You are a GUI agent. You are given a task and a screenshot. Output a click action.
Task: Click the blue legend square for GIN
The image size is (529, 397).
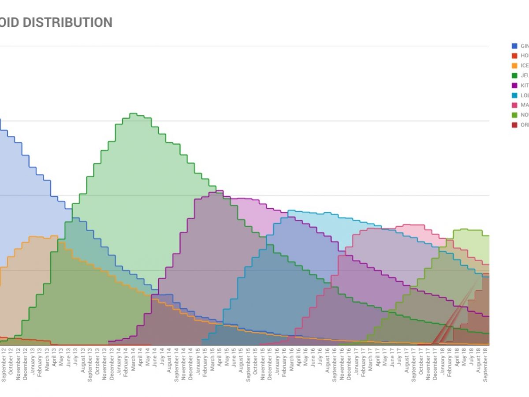click(514, 46)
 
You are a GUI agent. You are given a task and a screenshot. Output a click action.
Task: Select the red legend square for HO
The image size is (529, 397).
click(514, 56)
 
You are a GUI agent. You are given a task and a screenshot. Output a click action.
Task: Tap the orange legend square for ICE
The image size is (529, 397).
click(514, 65)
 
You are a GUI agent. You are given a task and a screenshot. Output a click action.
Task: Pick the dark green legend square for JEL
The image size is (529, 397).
click(514, 75)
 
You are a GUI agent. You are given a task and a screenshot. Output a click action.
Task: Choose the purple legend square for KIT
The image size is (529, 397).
click(514, 85)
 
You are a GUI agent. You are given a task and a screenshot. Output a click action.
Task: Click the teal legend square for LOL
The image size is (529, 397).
click(514, 95)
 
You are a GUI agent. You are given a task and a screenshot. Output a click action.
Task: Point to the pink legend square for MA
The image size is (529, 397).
click(514, 105)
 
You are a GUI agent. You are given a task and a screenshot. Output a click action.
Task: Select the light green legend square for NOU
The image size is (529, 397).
click(514, 115)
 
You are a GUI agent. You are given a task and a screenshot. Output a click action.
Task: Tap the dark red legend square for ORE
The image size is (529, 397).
click(514, 124)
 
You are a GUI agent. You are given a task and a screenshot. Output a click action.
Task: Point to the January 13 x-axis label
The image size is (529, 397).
click(33, 365)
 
